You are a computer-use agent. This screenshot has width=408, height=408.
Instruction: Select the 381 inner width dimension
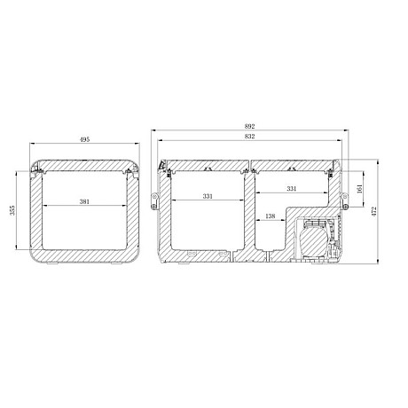(x=84, y=201)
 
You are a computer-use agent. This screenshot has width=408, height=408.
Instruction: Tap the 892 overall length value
(x=251, y=126)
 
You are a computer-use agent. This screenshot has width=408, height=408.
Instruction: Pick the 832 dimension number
(x=251, y=136)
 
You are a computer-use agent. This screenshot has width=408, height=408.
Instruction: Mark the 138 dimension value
(x=271, y=216)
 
